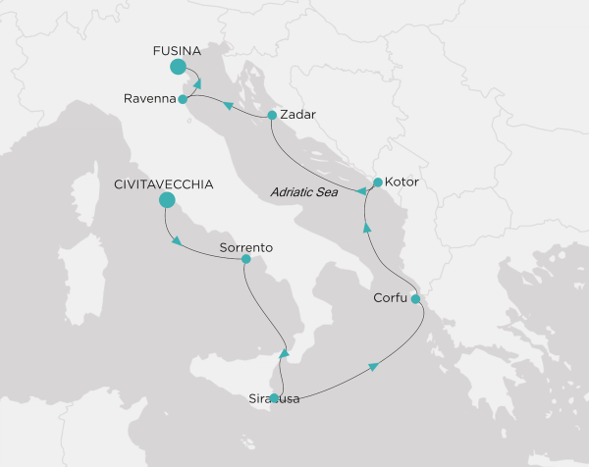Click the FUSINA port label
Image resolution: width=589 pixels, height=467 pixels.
pyautogui.click(x=177, y=49)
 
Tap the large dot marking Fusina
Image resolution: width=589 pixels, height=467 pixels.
pyautogui.click(x=178, y=67)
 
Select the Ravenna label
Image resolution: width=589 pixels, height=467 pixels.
pyautogui.click(x=150, y=99)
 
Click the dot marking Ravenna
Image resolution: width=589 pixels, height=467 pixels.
pyautogui.click(x=183, y=99)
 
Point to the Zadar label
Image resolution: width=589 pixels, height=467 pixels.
pyautogui.click(x=297, y=115)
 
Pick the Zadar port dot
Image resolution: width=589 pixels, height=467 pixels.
pyautogui.click(x=272, y=115)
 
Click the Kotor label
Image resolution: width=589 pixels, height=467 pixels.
pyautogui.click(x=402, y=182)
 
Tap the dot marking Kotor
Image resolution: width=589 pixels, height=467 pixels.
pyautogui.click(x=378, y=182)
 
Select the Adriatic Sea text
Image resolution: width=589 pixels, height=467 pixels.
pyautogui.click(x=304, y=194)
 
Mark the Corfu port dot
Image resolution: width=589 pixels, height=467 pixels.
pyautogui.click(x=415, y=298)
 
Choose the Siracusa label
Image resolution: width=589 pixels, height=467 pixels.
pyautogui.click(x=275, y=399)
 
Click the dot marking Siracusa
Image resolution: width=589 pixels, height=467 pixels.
pyautogui.click(x=275, y=398)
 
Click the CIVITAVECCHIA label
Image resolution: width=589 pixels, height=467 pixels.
pyautogui.click(x=163, y=183)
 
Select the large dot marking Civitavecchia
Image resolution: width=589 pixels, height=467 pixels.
pyautogui.click(x=166, y=200)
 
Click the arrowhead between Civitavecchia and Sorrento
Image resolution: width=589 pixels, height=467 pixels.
pyautogui.click(x=177, y=242)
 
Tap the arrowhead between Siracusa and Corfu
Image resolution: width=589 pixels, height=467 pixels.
pyautogui.click(x=373, y=366)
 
